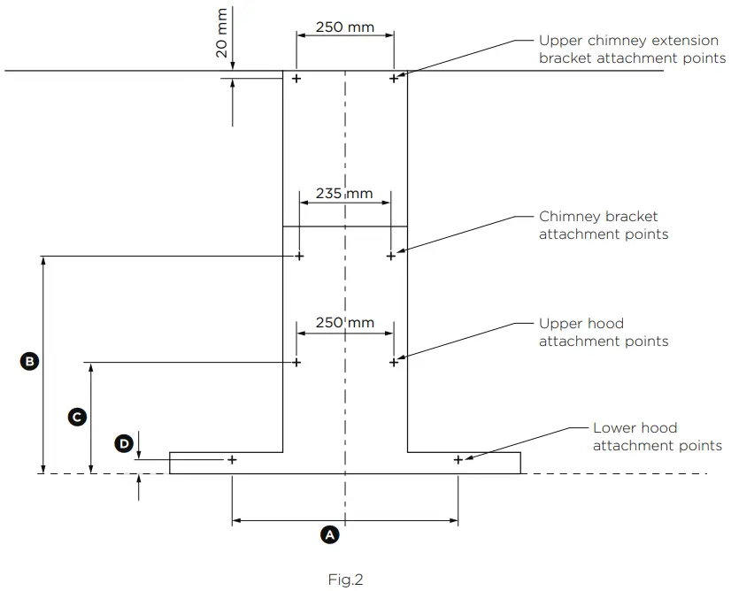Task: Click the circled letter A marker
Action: coord(329,534)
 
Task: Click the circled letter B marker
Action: coord(29,361)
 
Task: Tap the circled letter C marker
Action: coord(77,416)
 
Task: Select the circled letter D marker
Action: coord(124,442)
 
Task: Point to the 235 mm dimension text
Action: coord(344,194)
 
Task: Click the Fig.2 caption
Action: coord(345,580)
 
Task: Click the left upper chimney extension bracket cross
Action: coord(296,79)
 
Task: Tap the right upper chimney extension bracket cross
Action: coord(394,79)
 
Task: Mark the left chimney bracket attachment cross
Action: coord(299,257)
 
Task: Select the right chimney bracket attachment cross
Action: coord(391,257)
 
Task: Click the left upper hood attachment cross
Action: coord(296,362)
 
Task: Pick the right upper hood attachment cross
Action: coord(393,362)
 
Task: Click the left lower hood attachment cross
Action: coord(232,460)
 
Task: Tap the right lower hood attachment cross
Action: coord(458,460)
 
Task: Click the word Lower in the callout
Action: coord(614,427)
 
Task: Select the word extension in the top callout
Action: coord(689,41)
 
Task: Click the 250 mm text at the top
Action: coord(345,27)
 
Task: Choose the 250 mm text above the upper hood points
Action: coord(344,323)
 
